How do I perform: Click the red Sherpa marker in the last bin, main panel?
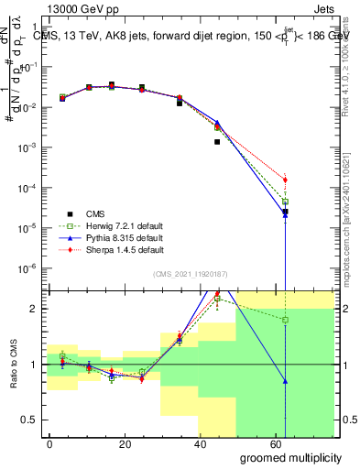click(285, 180)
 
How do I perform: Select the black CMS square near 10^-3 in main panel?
click(217, 142)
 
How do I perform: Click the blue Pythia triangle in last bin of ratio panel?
click(285, 381)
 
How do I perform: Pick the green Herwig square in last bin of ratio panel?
click(285, 320)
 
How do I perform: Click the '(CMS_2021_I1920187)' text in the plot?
click(191, 274)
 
